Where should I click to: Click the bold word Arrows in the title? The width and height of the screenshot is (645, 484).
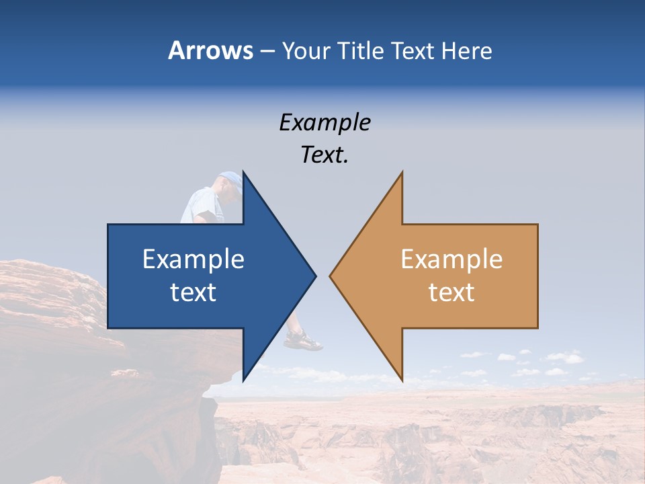(x=210, y=50)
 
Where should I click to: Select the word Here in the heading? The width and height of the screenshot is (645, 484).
(x=466, y=50)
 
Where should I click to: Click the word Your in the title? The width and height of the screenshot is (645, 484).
(x=306, y=51)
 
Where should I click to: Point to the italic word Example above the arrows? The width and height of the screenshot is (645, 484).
(x=325, y=122)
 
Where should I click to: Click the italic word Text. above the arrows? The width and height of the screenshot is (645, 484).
(x=325, y=155)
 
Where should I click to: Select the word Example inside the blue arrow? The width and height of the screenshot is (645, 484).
(x=193, y=259)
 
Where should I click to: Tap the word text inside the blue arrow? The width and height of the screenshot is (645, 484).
(x=193, y=292)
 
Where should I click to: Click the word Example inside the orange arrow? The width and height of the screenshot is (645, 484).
(x=451, y=259)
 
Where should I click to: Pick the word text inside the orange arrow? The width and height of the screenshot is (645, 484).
(x=451, y=292)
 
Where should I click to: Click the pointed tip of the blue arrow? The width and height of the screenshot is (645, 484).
(x=315, y=275)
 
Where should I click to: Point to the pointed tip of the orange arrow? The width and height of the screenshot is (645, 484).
(x=330, y=275)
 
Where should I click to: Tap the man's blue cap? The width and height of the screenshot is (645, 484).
(x=230, y=179)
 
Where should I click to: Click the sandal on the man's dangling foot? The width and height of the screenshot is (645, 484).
(x=303, y=341)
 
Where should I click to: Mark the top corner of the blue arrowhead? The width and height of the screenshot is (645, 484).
(x=243, y=172)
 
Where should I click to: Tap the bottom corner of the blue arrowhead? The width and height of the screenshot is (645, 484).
(x=243, y=380)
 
